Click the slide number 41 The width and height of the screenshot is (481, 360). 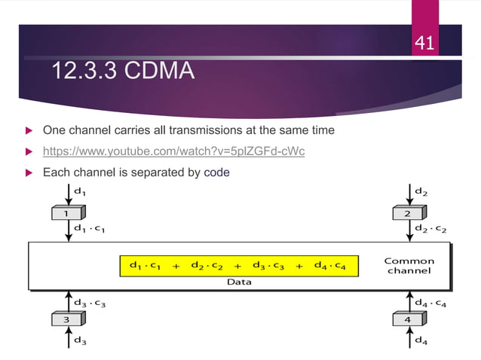424,44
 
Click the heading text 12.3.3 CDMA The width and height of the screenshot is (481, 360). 124,72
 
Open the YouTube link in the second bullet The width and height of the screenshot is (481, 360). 173,151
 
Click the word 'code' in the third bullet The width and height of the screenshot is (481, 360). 216,172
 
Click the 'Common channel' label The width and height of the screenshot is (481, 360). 409,266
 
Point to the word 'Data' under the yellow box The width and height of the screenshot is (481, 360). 239,282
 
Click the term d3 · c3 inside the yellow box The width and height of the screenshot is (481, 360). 268,266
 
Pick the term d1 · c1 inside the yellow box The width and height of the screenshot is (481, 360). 146,266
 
